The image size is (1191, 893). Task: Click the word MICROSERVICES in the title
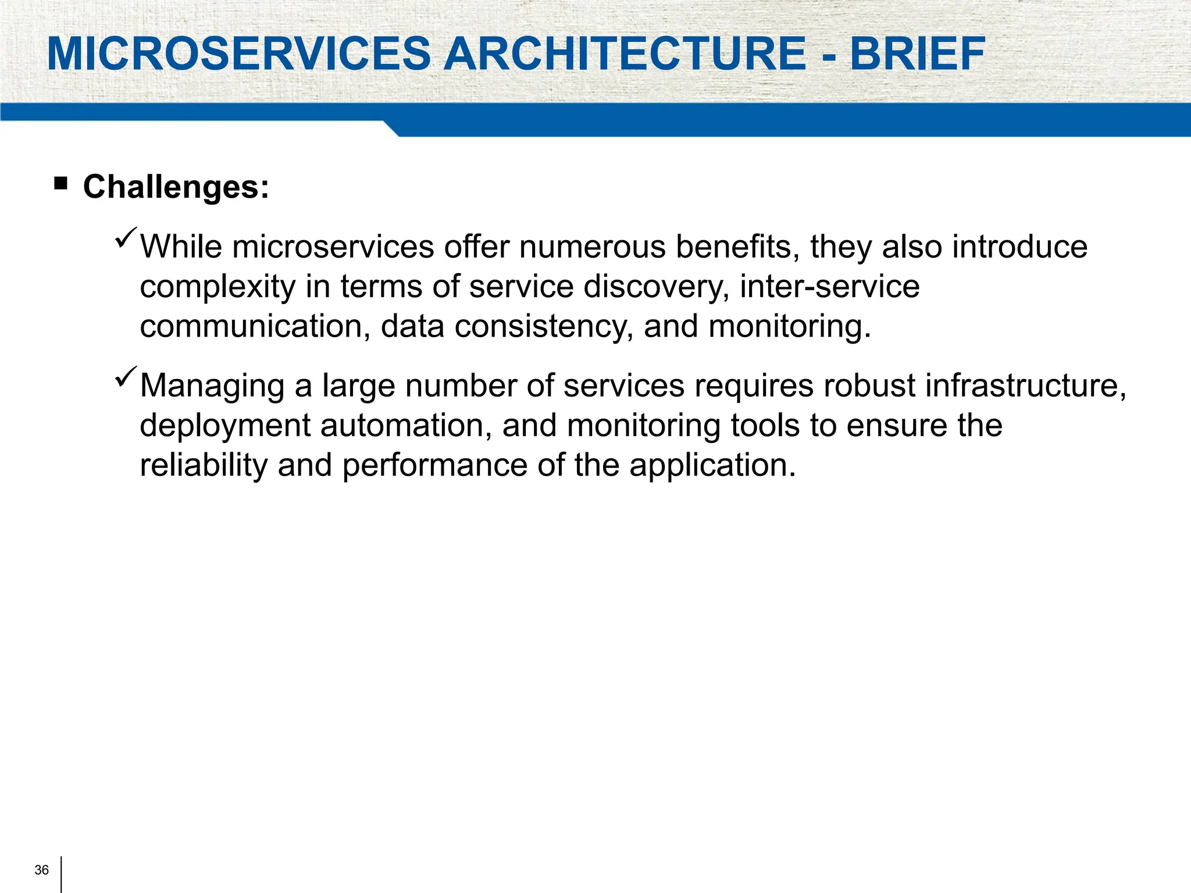(x=238, y=54)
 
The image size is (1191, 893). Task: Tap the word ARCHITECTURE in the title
(x=625, y=54)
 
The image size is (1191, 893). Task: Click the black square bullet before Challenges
(x=60, y=184)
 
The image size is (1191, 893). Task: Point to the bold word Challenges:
(x=176, y=187)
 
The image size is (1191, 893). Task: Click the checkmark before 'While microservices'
(x=126, y=238)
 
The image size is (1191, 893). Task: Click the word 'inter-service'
(x=829, y=287)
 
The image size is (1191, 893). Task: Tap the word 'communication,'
(x=255, y=326)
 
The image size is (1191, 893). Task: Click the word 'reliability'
(x=204, y=465)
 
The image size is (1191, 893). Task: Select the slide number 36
(x=42, y=870)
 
